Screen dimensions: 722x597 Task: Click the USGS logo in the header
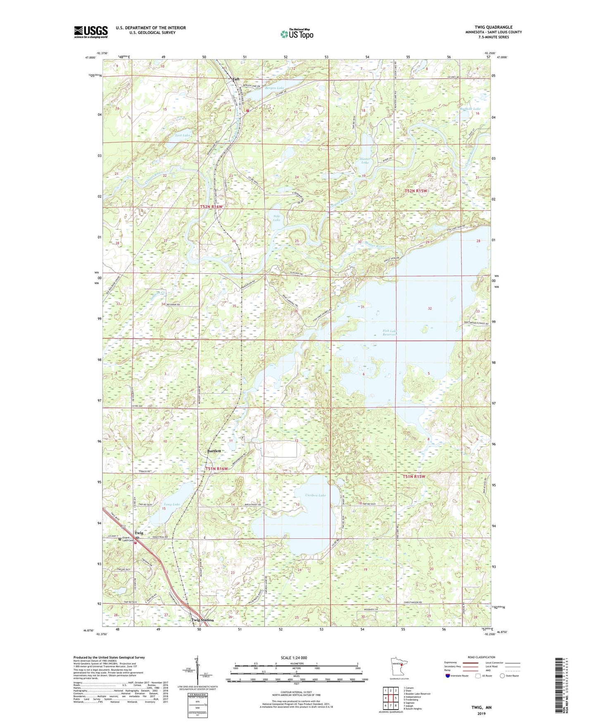90,32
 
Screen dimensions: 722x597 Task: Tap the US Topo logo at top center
296,34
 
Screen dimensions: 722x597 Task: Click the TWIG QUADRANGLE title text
493,27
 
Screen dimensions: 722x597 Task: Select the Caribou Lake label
315,495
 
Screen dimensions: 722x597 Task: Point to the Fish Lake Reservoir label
389,332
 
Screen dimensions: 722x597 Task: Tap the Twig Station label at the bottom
202,620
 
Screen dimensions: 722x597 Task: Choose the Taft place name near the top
236,79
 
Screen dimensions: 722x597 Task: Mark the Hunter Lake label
365,160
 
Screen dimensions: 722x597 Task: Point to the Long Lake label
171,504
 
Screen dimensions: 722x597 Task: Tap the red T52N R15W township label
416,191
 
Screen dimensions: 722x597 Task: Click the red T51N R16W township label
217,469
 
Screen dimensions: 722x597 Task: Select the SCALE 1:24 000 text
294,657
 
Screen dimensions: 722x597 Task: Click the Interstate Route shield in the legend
448,676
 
